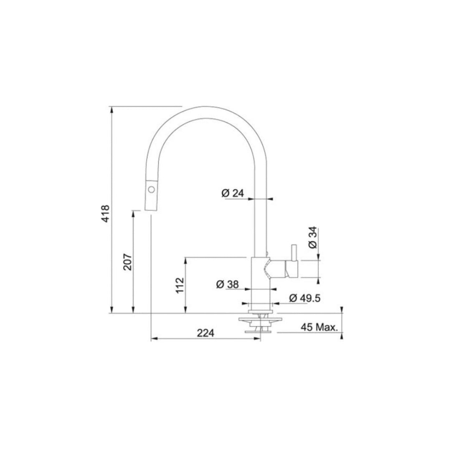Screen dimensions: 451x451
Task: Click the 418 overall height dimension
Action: [x=105, y=213]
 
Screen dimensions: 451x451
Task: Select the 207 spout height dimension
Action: [x=127, y=262]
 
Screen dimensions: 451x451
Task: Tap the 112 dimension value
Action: [x=180, y=285]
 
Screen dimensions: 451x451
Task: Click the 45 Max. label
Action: [x=319, y=327]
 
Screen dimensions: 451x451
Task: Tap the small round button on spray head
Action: [x=151, y=190]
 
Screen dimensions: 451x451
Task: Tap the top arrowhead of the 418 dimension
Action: [x=112, y=109]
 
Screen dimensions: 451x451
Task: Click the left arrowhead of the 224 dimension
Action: [x=153, y=338]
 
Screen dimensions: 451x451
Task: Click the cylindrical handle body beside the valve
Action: [x=291, y=269]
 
